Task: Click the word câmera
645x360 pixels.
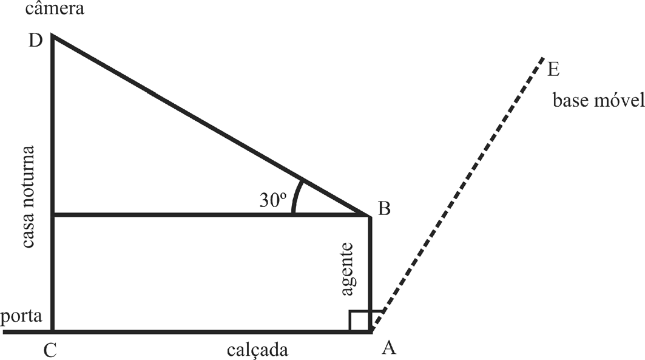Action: pos(55,8)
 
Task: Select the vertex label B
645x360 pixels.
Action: pos(384,209)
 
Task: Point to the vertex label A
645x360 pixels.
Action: pos(389,348)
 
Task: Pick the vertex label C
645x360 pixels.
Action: pos(50,351)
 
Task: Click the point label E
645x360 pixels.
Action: pos(553,70)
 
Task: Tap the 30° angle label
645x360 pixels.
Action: pos(272,200)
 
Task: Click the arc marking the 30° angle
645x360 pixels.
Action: pos(297,196)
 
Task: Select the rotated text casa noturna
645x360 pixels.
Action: pos(27,197)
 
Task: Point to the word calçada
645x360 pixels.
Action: pos(257,350)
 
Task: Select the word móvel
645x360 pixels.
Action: pos(619,100)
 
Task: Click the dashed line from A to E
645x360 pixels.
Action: pos(458,194)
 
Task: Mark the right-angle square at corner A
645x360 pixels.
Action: pos(360,321)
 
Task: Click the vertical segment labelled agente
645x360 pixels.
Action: pos(370,273)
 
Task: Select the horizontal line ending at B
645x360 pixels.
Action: pos(211,215)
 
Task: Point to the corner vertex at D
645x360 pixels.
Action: pos(53,35)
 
